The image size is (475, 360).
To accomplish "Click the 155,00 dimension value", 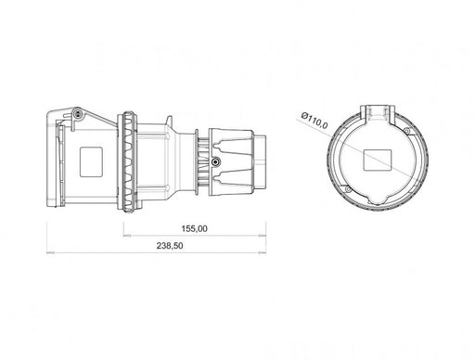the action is [194, 229].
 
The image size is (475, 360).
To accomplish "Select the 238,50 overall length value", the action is [170, 246].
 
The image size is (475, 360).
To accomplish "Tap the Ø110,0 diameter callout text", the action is [315, 120].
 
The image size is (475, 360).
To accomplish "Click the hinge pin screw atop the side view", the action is [77, 114].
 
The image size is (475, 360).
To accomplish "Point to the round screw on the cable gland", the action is [215, 161].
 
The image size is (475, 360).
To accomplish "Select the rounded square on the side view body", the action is [91, 161].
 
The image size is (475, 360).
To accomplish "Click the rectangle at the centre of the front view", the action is [378, 161].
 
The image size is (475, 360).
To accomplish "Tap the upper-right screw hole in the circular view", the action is [407, 131].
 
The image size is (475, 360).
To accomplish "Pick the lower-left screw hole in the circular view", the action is [348, 189].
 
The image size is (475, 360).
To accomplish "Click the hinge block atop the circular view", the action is [378, 114].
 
